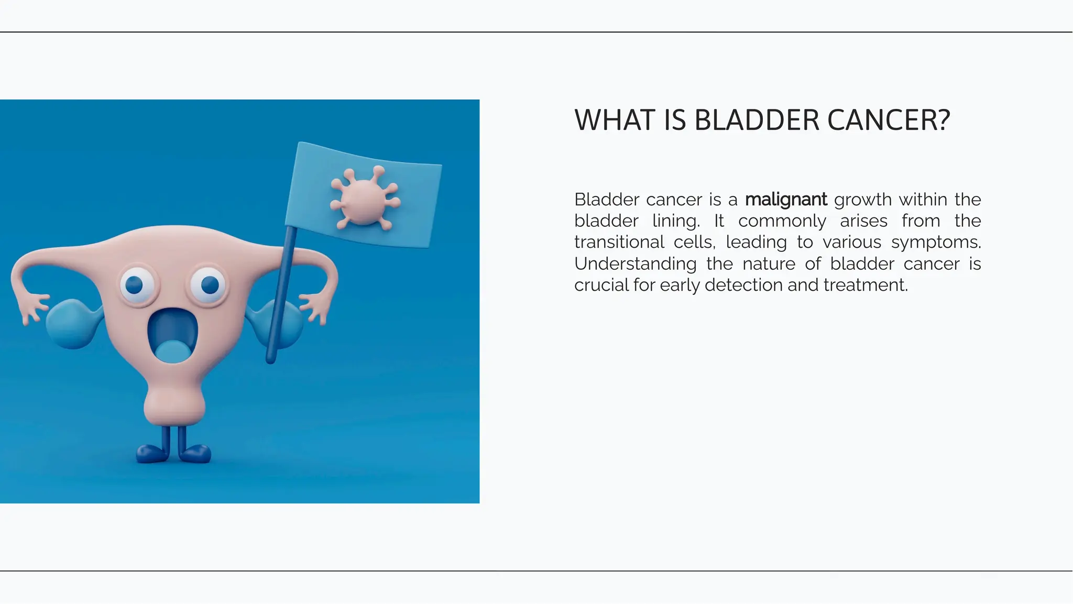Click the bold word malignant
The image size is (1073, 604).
(x=785, y=200)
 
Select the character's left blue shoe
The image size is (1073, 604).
(x=151, y=452)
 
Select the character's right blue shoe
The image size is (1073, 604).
(x=196, y=453)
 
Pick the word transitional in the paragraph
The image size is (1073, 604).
(x=619, y=242)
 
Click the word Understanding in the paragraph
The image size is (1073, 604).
(x=635, y=263)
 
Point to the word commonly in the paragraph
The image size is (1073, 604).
(x=782, y=221)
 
